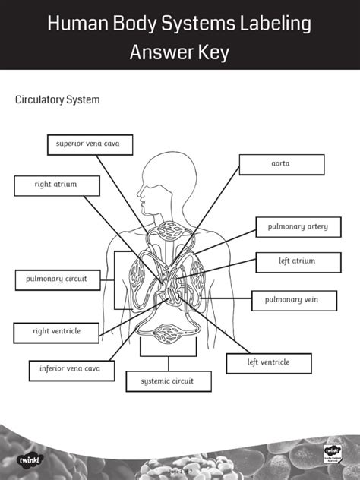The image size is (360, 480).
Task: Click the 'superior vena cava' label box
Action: pos(89,144)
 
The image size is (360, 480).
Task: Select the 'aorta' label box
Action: pos(281,164)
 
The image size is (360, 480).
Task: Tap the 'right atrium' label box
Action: pos(56,185)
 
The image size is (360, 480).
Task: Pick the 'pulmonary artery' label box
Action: pos(297,227)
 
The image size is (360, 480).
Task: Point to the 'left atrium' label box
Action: pos(296,262)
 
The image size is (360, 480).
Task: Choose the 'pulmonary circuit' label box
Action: pos(57,279)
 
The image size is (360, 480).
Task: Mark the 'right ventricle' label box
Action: pos(56,332)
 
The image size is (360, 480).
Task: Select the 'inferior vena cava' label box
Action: pos(71,370)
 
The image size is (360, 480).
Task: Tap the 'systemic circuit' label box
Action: pos(167,381)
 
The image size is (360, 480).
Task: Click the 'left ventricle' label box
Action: pos(268,363)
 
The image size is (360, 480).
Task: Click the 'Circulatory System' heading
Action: pos(58,100)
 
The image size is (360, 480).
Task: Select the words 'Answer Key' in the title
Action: pos(179,52)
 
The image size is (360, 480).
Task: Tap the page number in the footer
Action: pos(179,471)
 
